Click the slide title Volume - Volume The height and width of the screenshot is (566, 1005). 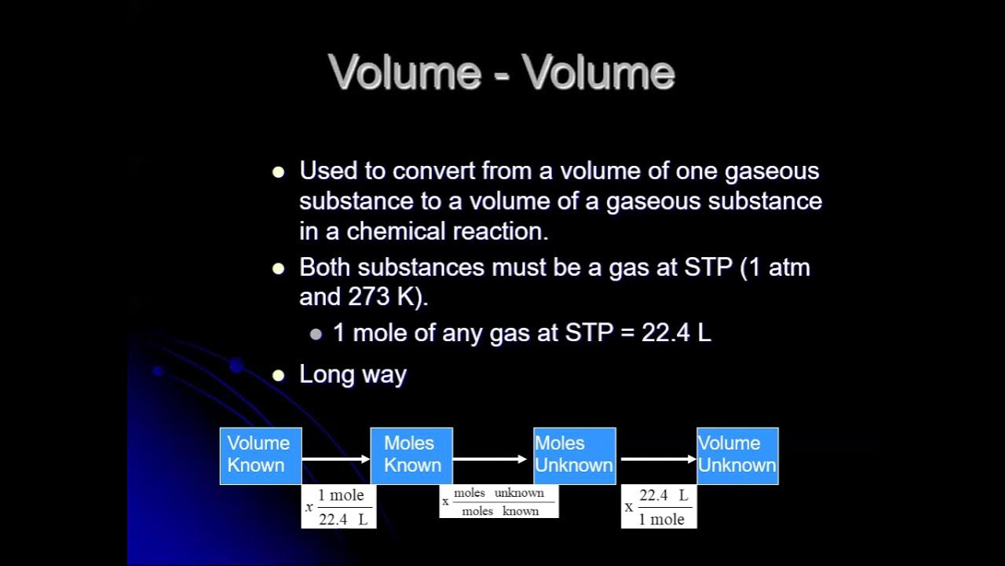coord(502,72)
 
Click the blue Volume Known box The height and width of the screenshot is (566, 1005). coord(260,455)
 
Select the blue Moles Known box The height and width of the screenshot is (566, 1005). coord(411,455)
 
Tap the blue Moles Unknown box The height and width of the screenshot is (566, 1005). coord(574,455)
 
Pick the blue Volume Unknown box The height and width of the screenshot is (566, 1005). coord(737,455)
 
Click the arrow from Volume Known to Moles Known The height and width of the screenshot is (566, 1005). coord(335,458)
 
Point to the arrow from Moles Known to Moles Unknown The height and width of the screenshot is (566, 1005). coord(489,458)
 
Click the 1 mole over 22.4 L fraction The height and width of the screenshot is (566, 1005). coord(339,507)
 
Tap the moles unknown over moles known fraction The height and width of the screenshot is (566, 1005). coord(499,502)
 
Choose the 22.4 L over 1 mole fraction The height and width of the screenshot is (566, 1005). coord(660,507)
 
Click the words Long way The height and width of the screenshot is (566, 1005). coord(353,374)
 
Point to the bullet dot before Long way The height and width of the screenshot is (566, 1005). coord(278,376)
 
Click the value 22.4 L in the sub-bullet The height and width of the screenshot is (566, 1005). coord(676,333)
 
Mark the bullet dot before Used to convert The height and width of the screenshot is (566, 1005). coord(278,172)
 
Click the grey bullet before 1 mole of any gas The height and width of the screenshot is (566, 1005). coord(316,334)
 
